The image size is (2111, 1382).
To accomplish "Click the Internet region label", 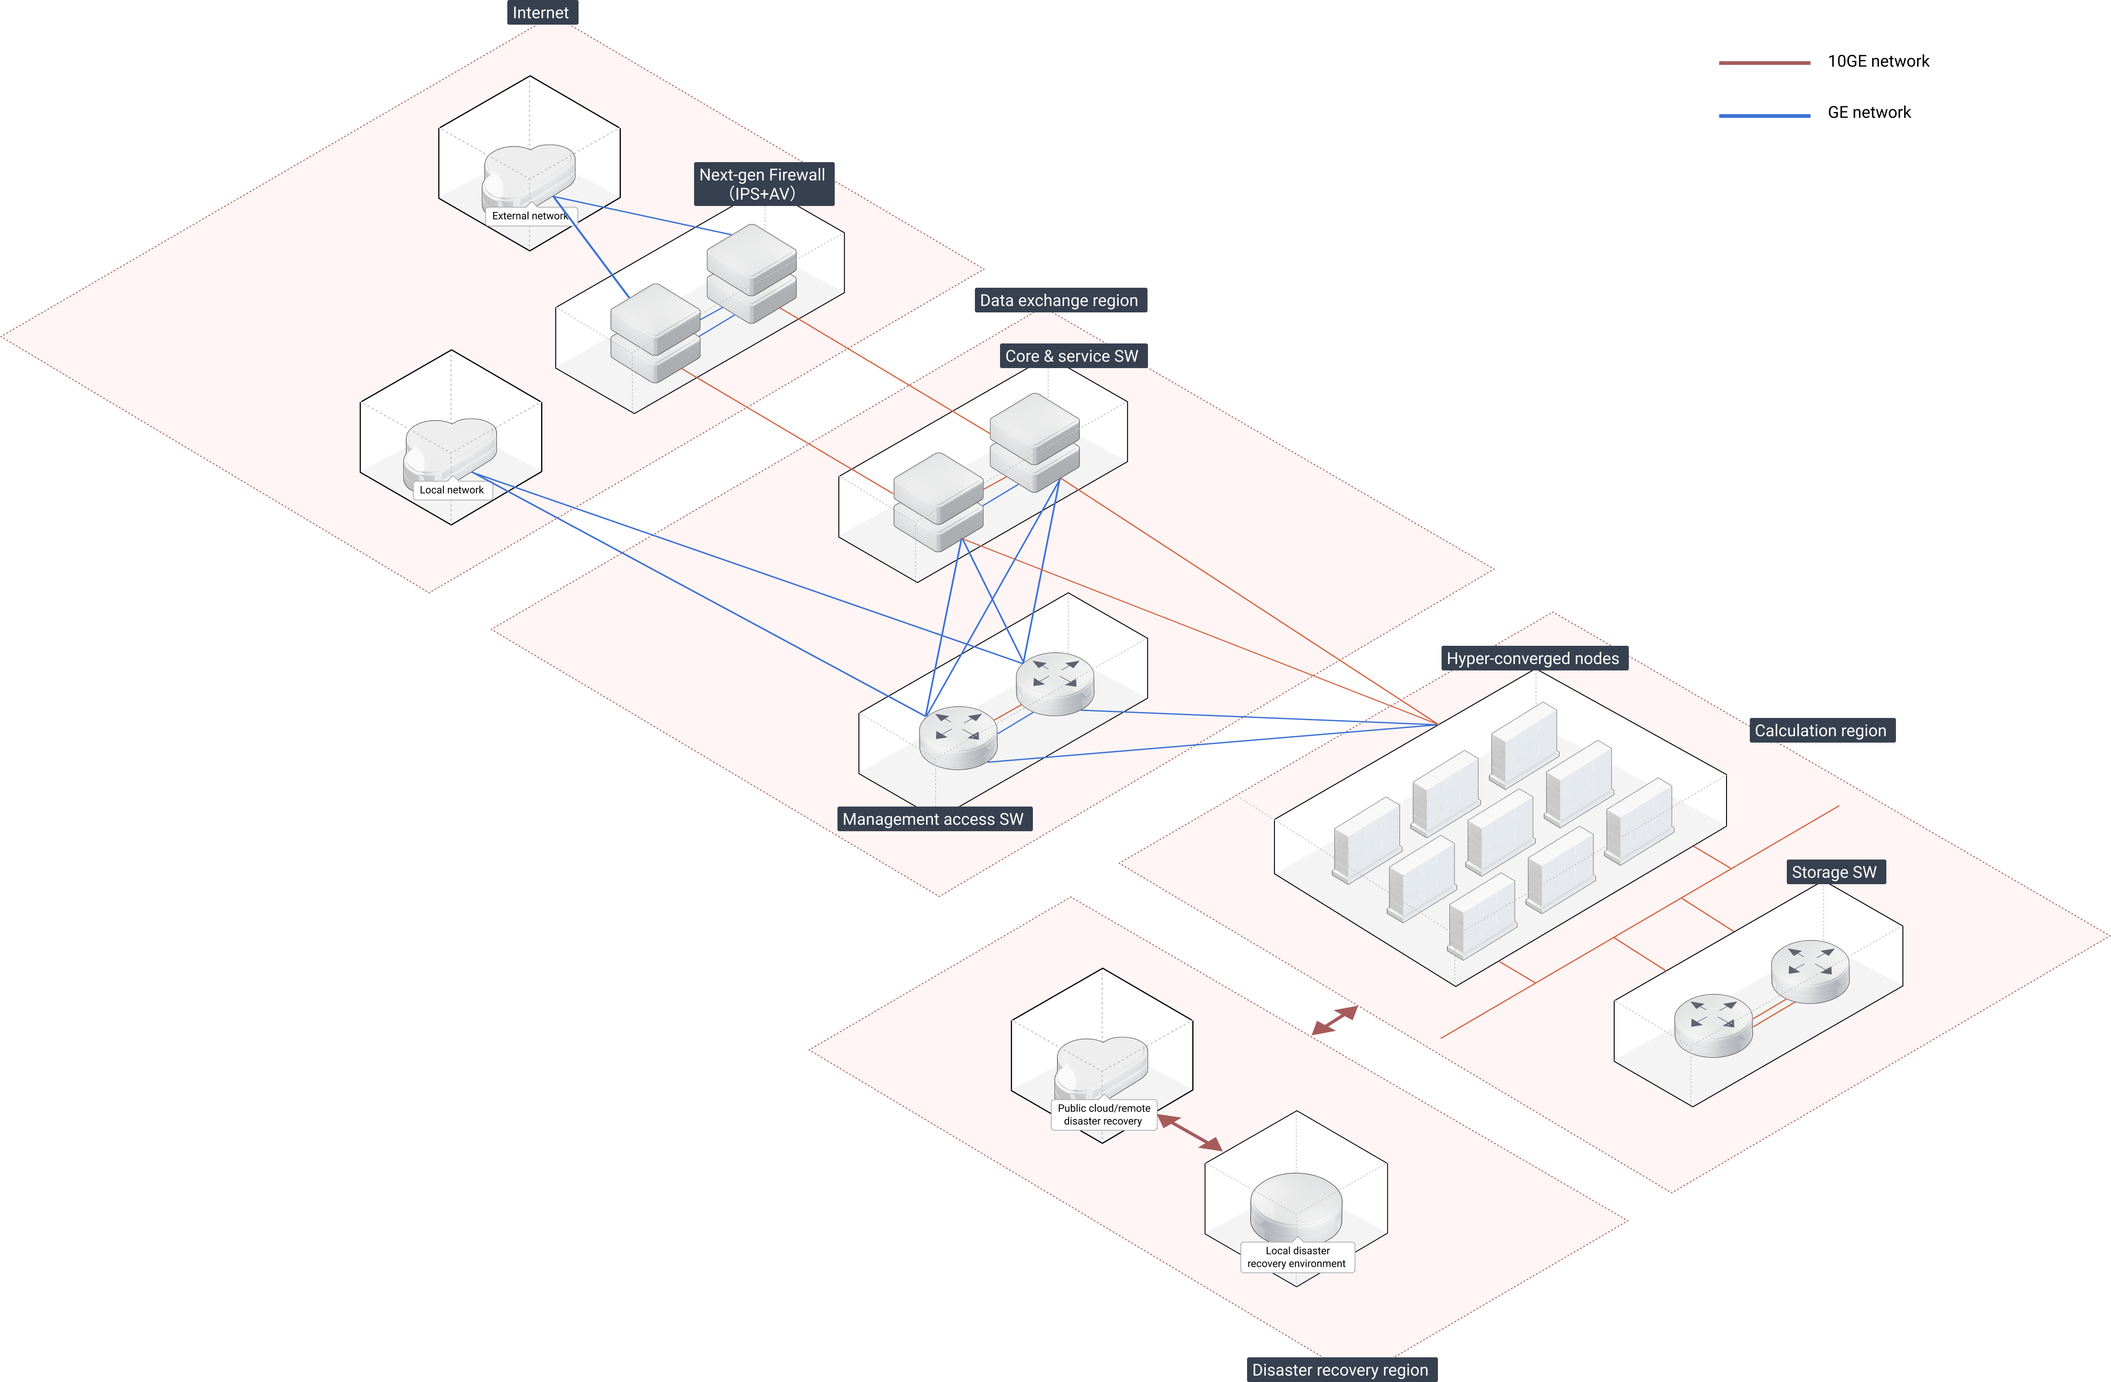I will point(540,12).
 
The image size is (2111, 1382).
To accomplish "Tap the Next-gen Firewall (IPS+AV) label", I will point(762,184).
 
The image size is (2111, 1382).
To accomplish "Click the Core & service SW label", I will point(1071,356).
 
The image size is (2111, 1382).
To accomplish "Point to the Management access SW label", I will point(932,819).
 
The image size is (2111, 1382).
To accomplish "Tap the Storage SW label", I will point(1833,872).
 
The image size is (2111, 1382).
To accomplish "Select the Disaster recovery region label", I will point(1339,1370).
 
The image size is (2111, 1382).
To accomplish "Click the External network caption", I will point(530,216).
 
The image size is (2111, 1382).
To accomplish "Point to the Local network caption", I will point(452,490).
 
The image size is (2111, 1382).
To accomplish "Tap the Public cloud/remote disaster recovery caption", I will point(1103,1114).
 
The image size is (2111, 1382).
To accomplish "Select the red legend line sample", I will point(1764,63).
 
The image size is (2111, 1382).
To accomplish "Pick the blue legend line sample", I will point(1764,115).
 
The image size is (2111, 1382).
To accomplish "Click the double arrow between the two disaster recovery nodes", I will point(1190,1133).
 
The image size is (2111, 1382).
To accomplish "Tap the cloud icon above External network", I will point(530,173).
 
